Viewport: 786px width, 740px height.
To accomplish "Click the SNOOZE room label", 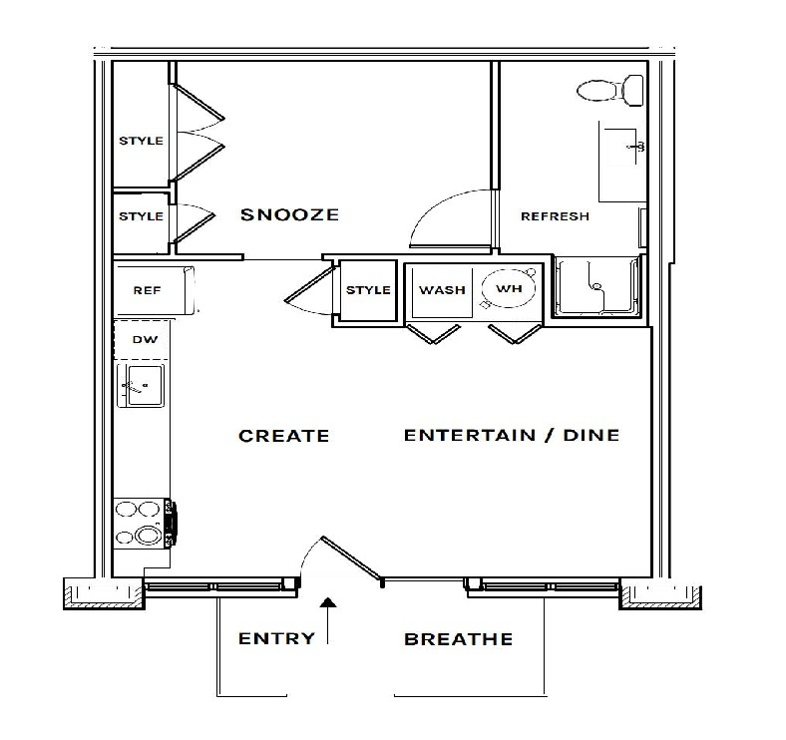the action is pyautogui.click(x=289, y=215).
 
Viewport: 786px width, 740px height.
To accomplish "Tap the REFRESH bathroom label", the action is pyautogui.click(x=555, y=216).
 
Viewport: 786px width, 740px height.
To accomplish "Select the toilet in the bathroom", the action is pyautogui.click(x=610, y=91).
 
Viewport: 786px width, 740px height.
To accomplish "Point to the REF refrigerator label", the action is pyautogui.click(x=147, y=291).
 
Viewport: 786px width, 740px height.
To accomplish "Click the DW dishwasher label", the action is pyautogui.click(x=145, y=340).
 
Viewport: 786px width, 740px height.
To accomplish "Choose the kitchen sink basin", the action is pyautogui.click(x=145, y=385).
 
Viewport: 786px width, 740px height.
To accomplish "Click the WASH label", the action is pyautogui.click(x=442, y=290).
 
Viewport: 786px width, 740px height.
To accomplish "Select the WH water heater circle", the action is pyautogui.click(x=509, y=289).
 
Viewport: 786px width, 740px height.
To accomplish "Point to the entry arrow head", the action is pyautogui.click(x=328, y=602).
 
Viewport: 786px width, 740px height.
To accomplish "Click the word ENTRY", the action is pyautogui.click(x=276, y=638).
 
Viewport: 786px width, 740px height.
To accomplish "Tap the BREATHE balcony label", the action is pyautogui.click(x=459, y=639).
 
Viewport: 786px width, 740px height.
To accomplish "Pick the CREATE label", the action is pyautogui.click(x=283, y=436).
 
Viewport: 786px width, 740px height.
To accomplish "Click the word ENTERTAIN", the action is pyautogui.click(x=470, y=435).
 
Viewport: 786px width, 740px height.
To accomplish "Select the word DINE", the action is pyautogui.click(x=591, y=435).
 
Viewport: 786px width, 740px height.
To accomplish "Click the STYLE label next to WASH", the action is pyautogui.click(x=368, y=290).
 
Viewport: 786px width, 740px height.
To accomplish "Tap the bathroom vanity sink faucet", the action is pyautogui.click(x=636, y=147).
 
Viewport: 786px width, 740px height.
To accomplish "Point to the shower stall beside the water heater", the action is pyautogui.click(x=597, y=286).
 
